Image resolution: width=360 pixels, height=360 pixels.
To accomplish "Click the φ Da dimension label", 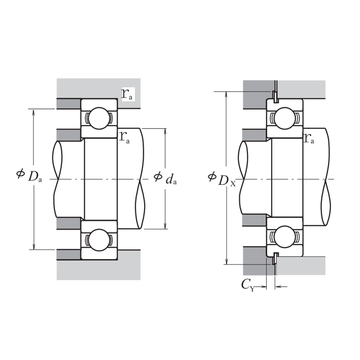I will click(x=29, y=176).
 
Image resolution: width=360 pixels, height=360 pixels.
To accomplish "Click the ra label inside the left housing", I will click(x=127, y=94).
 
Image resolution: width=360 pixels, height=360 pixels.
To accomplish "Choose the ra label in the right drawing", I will click(x=309, y=138).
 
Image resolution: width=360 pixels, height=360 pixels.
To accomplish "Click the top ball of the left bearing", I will click(x=99, y=118).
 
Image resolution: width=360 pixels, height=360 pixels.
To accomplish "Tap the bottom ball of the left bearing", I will click(x=99, y=240).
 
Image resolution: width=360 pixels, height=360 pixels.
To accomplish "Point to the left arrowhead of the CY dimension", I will click(x=264, y=287).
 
